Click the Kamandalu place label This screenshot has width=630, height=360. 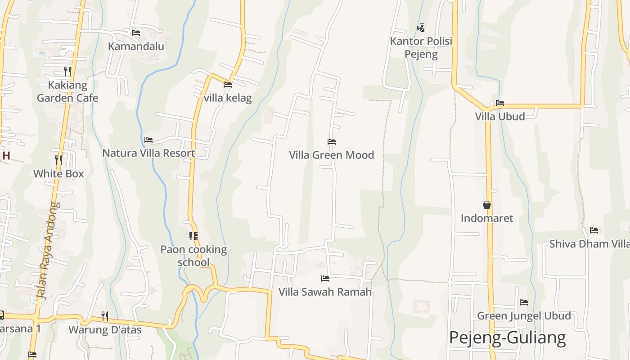pyautogui.click(x=136, y=46)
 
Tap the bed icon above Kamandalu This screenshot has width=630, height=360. pyautogui.click(x=136, y=33)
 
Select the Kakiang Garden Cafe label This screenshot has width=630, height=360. pyautogui.click(x=67, y=91)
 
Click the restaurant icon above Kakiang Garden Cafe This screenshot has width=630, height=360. pyautogui.click(x=67, y=71)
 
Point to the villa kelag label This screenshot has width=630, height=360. pyautogui.click(x=228, y=98)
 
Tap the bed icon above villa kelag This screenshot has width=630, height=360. pyautogui.click(x=228, y=84)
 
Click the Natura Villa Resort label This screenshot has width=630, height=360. pyautogui.click(x=148, y=153)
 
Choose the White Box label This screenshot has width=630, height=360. pyautogui.click(x=58, y=174)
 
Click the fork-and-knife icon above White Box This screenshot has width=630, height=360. pyautogui.click(x=58, y=160)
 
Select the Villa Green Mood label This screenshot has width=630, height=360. pyautogui.click(x=332, y=155)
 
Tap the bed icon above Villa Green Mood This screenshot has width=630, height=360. pyautogui.click(x=332, y=142)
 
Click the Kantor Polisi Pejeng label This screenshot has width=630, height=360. pyautogui.click(x=421, y=48)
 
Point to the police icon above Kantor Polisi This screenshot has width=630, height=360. pyautogui.click(x=421, y=28)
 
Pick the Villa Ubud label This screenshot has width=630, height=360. pyautogui.click(x=500, y=117)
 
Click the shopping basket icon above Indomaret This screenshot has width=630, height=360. pyautogui.click(x=487, y=205)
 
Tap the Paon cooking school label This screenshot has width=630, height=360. pyautogui.click(x=193, y=256)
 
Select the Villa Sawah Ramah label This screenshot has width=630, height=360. pyautogui.click(x=325, y=292)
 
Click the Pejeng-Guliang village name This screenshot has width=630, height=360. pyautogui.click(x=507, y=337)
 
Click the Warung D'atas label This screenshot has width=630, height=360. pyautogui.click(x=105, y=330)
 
